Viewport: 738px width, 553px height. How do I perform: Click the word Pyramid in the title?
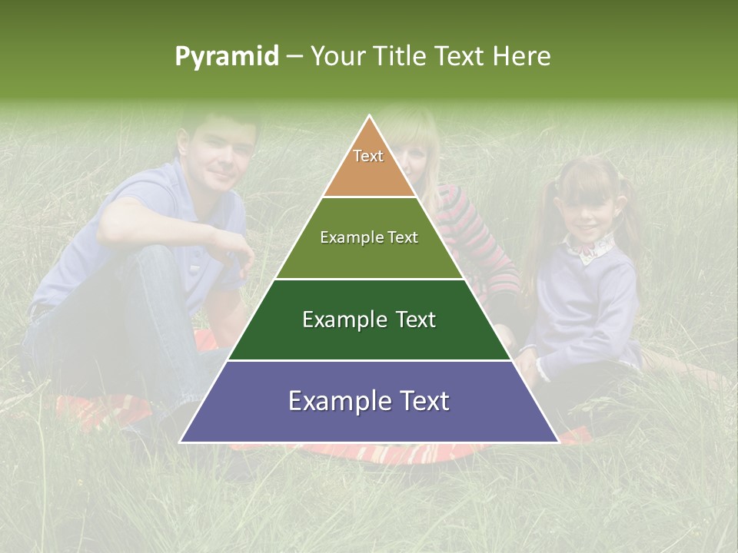click(x=226, y=57)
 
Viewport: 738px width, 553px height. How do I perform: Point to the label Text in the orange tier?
click(x=368, y=157)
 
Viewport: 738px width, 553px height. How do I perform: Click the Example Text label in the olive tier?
click(x=369, y=237)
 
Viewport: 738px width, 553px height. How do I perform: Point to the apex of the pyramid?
click(x=370, y=117)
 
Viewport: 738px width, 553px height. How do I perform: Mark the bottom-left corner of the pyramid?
click(x=181, y=442)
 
